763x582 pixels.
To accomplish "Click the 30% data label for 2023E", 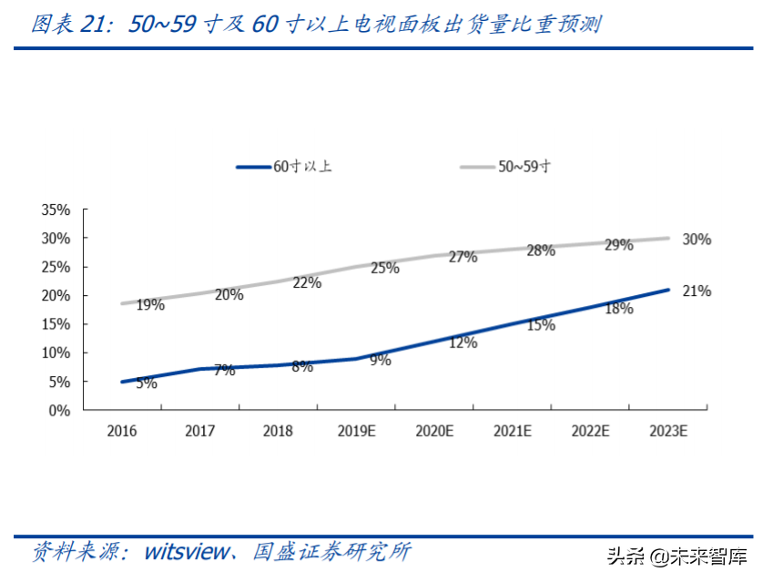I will click(697, 240).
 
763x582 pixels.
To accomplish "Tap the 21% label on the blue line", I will click(697, 291).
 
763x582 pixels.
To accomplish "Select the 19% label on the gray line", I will click(150, 305).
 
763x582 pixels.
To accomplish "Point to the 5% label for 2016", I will click(147, 383).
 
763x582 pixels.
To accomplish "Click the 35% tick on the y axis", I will click(56, 209).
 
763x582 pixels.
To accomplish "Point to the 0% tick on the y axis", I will click(60, 411).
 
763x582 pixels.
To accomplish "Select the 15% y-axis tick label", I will click(56, 324).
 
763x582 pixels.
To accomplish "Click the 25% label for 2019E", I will click(384, 268).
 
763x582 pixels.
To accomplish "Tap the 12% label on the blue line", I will click(463, 342).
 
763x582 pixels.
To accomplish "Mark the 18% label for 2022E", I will click(618, 309).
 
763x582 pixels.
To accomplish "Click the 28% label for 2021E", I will click(540, 250).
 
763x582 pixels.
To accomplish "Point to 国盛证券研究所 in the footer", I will click(331, 552).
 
